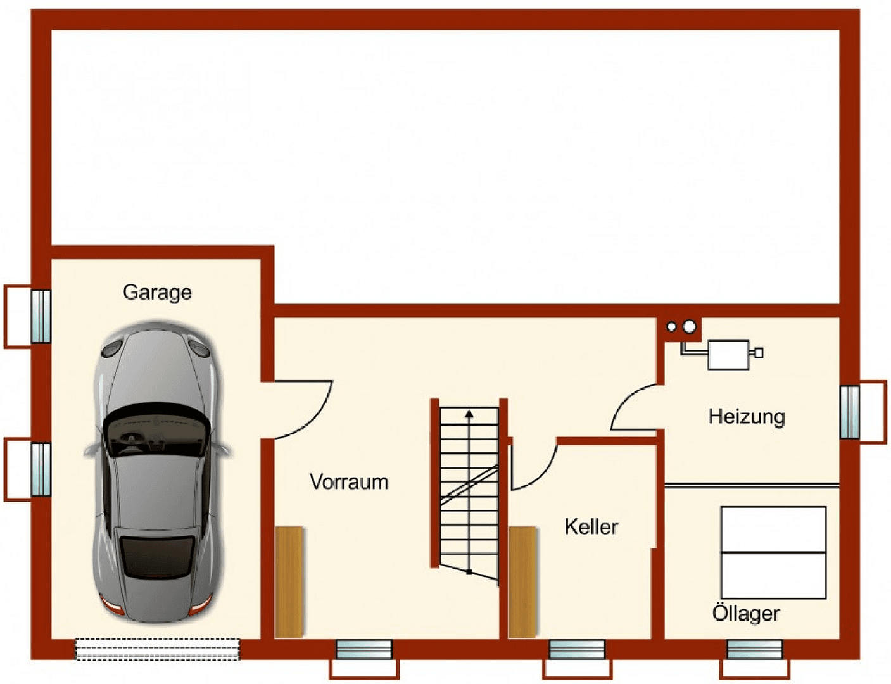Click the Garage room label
pos(157,292)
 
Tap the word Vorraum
pos(349,482)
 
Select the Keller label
pos(591,526)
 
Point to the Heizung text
pos(747,416)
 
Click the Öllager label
pos(746,613)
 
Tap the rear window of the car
pos(157,556)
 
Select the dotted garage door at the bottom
pos(158,649)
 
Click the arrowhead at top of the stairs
pos(469,414)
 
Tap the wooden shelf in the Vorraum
pos(289,581)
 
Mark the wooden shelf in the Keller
pos(522,581)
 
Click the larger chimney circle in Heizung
pos(690,327)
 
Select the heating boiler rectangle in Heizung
pos(728,355)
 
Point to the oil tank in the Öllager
pos(773,552)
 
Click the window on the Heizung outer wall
pos(850,412)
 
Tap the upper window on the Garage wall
pos(41,316)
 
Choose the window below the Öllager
pos(754,650)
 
